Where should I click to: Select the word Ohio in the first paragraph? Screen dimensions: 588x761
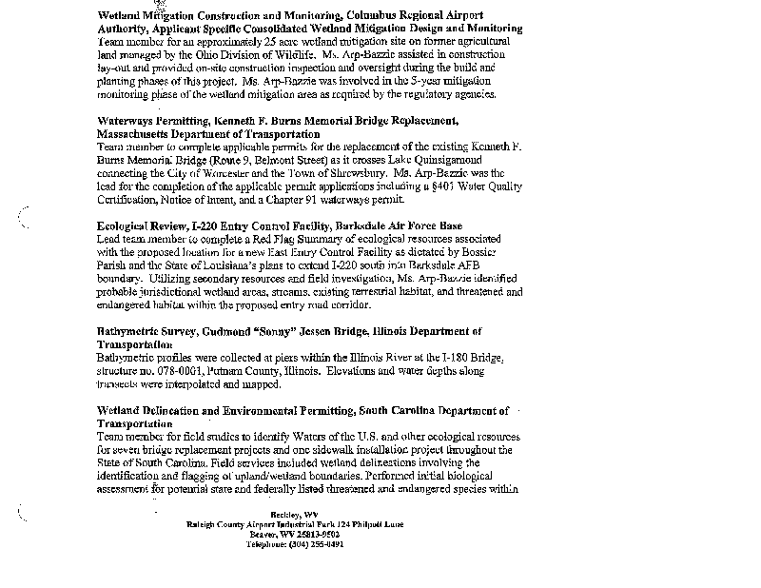point(199,56)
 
